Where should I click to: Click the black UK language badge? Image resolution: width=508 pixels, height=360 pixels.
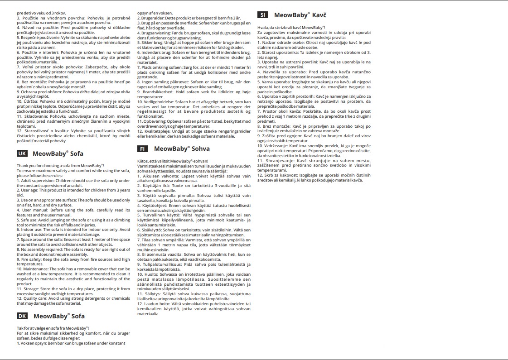22,154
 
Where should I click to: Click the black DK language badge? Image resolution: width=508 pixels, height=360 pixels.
22,316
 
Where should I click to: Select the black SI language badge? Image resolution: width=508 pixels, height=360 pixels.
263,15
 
